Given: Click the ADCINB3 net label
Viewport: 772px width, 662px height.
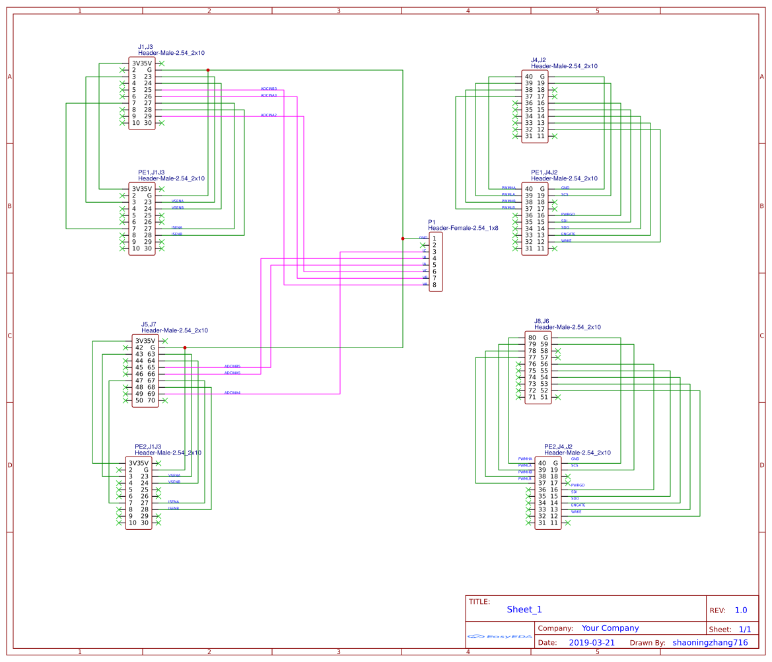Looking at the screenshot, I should pos(268,88).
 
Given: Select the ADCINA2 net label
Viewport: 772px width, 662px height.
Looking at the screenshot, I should pos(268,115).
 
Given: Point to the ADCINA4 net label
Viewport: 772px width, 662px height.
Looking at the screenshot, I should pos(232,392).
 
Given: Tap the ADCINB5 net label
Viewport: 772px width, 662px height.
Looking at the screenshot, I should pos(232,366).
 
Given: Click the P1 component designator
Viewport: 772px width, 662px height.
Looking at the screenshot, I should pos(432,222).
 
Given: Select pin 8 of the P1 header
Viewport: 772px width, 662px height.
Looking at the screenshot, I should pos(434,285).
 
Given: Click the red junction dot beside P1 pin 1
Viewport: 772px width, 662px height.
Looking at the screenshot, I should pos(403,238).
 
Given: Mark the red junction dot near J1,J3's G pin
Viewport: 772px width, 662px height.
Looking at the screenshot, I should pos(208,69).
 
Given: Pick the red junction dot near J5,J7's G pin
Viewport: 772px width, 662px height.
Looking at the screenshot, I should pos(185,347).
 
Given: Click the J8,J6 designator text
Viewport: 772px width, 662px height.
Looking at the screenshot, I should pos(542,321).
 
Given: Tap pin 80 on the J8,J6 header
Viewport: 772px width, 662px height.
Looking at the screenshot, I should pos(532,338).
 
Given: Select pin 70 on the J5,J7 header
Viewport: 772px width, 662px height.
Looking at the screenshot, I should pos(151,400).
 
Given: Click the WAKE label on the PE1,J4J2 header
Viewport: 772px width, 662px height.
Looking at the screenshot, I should pos(566,240).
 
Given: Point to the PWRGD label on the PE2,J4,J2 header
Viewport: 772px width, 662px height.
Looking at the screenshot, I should pos(577,485).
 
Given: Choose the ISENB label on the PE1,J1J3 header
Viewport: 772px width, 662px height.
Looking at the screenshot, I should pos(176,234).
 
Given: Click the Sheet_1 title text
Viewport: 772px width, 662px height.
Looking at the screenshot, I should pos(524,609).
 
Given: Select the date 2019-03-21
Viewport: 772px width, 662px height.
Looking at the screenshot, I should pos(592,642).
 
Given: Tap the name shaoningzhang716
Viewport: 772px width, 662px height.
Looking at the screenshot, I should pos(710,642).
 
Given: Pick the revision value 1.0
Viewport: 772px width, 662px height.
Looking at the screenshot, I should pos(741,610).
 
